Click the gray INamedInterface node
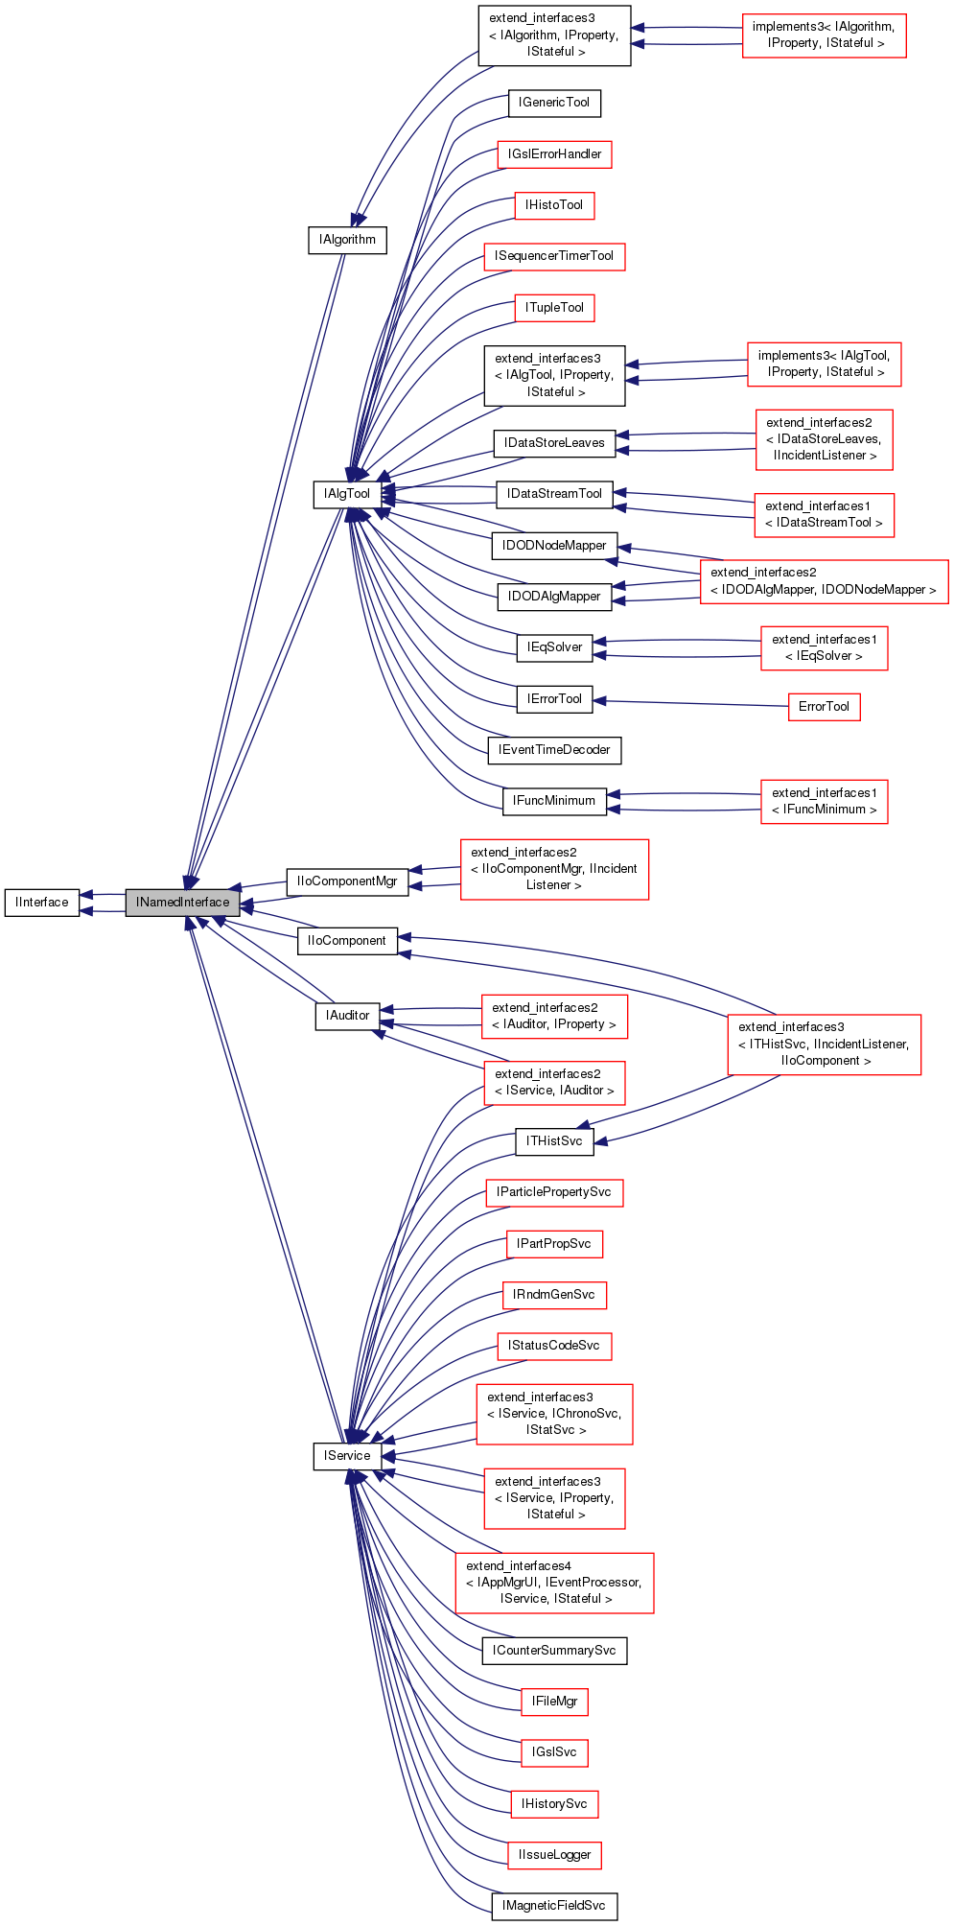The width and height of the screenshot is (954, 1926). click(x=182, y=903)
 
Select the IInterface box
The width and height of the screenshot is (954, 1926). click(x=42, y=903)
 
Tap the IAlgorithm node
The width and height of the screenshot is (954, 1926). click(x=347, y=240)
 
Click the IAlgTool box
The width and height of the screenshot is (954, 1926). click(x=347, y=494)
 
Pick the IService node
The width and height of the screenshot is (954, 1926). click(x=347, y=1456)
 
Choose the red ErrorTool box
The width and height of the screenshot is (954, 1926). click(x=824, y=707)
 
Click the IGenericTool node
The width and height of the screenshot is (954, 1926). click(x=554, y=103)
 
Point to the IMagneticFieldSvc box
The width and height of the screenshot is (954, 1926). click(x=554, y=1906)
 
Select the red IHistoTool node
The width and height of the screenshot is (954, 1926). click(x=554, y=205)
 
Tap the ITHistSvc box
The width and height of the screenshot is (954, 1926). click(x=554, y=1141)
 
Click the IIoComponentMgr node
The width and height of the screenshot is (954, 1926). click(x=347, y=881)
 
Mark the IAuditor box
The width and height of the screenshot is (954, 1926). click(x=347, y=1016)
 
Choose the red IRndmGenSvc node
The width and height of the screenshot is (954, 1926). click(x=554, y=1295)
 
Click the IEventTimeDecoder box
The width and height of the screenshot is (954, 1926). click(x=554, y=750)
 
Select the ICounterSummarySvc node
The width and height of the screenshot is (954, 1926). click(x=554, y=1651)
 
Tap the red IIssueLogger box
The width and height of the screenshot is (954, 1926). click(x=554, y=1855)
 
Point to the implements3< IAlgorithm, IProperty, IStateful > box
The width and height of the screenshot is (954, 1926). click(x=824, y=35)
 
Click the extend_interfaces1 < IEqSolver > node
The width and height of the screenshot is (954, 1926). click(x=824, y=647)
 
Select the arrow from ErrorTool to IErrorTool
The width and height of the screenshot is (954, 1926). click(x=690, y=703)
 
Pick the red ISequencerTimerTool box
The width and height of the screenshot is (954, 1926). click(x=554, y=256)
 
